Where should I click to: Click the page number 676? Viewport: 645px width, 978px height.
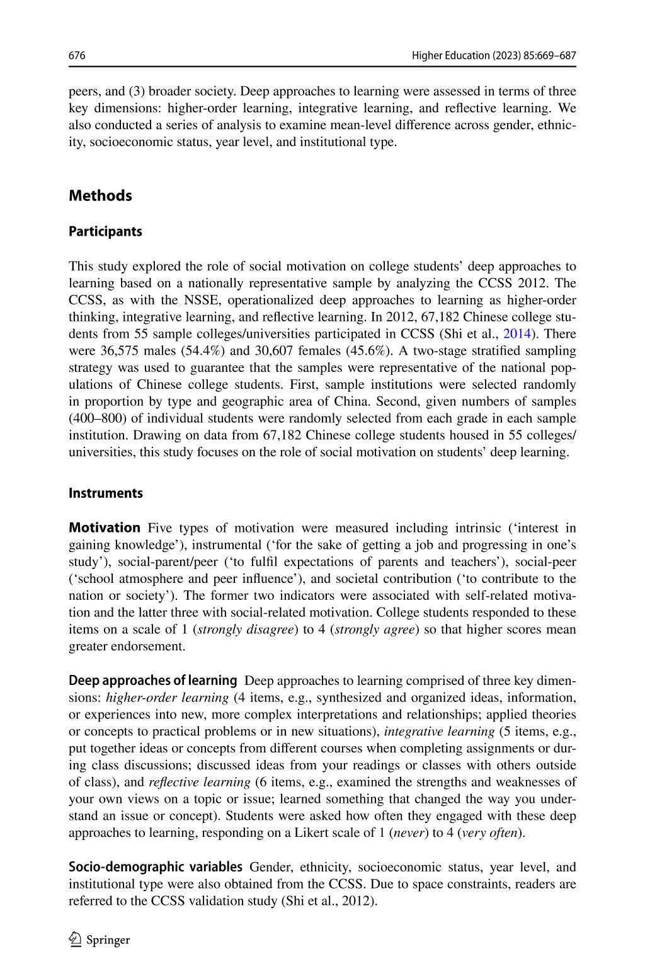(77, 56)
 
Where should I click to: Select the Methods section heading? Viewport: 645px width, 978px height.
(100, 195)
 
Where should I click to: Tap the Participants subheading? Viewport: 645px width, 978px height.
(105, 231)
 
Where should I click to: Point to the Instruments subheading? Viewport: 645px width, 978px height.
(105, 493)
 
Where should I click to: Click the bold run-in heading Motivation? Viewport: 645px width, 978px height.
(105, 527)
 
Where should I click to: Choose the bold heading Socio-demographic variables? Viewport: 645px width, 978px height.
(155, 866)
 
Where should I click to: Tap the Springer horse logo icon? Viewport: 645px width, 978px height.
(76, 940)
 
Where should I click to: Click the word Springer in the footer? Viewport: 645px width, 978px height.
(108, 940)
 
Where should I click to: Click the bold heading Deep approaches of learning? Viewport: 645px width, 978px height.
(152, 681)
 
